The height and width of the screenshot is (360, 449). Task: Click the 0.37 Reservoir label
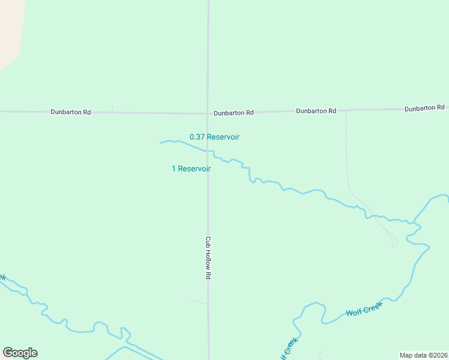tap(214, 137)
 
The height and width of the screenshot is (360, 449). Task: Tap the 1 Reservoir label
tap(191, 169)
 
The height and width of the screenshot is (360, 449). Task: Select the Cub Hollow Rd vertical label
tap(208, 257)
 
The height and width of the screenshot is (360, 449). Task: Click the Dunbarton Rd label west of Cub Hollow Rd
tap(70, 112)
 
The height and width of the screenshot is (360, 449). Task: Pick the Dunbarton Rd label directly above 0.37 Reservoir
tap(234, 112)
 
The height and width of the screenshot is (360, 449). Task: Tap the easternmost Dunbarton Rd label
tap(424, 108)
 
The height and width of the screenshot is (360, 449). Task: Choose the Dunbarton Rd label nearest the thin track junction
tap(316, 111)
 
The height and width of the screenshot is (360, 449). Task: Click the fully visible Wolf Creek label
tap(364, 310)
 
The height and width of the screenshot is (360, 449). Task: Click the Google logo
tap(20, 353)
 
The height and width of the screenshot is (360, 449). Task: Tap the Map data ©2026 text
tap(423, 355)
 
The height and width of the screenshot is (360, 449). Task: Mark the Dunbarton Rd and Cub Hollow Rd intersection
tap(208, 113)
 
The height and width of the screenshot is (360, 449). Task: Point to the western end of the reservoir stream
tap(161, 143)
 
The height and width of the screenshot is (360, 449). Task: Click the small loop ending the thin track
tap(394, 243)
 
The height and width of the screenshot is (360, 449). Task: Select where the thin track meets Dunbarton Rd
tap(346, 110)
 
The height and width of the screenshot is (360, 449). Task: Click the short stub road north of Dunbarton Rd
tap(112, 109)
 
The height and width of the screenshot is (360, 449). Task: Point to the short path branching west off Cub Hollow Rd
tap(196, 302)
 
